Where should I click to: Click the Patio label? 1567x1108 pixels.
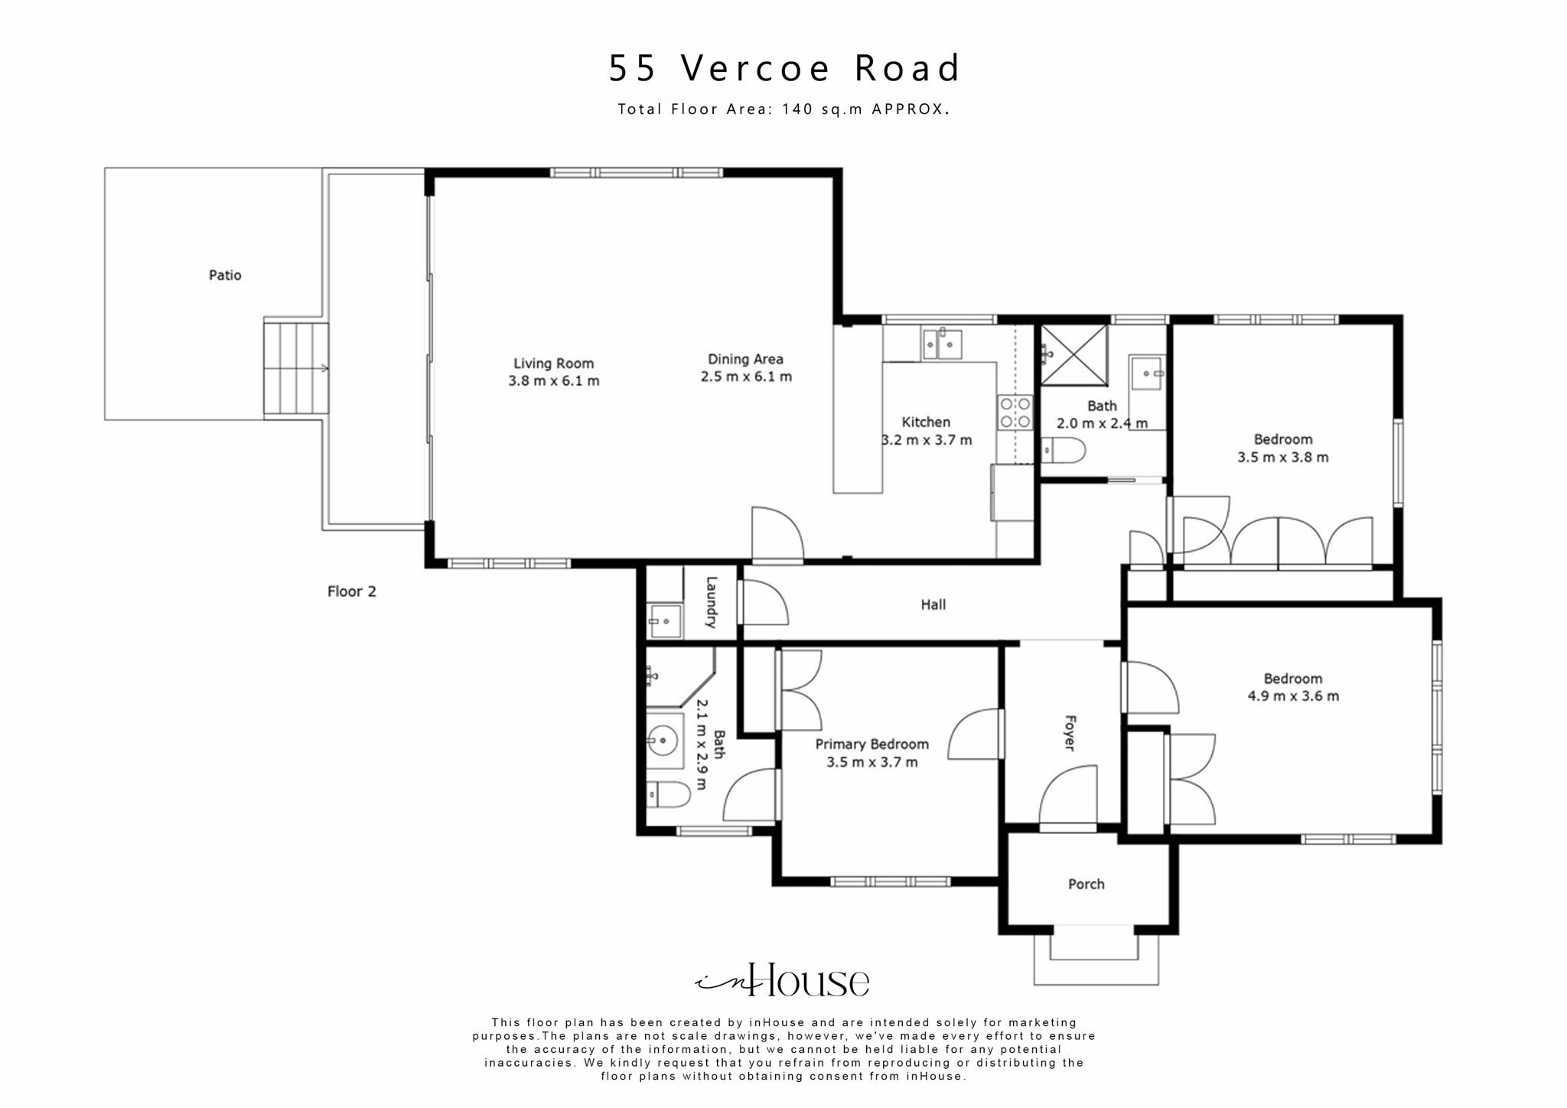pyautogui.click(x=225, y=275)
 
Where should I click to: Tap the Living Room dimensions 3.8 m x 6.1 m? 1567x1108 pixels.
pyautogui.click(x=554, y=381)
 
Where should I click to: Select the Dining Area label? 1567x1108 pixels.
pyautogui.click(x=745, y=359)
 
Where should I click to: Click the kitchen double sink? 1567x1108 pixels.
pyautogui.click(x=942, y=344)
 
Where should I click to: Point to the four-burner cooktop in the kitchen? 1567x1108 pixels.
pyautogui.click(x=1015, y=412)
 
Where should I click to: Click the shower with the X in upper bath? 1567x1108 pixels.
pyautogui.click(x=1073, y=354)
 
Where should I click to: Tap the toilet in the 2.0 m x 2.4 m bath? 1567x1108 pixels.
pyautogui.click(x=1064, y=451)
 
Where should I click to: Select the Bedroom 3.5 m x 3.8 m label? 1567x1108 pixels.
pyautogui.click(x=1283, y=439)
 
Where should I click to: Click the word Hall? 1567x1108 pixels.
pyautogui.click(x=933, y=605)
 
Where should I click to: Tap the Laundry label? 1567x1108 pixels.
pyautogui.click(x=711, y=602)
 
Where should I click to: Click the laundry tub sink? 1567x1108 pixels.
pyautogui.click(x=664, y=621)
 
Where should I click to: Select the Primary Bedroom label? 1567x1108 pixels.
pyautogui.click(x=871, y=744)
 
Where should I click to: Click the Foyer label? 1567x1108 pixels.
pyautogui.click(x=1070, y=733)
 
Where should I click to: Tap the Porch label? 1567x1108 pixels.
pyautogui.click(x=1086, y=884)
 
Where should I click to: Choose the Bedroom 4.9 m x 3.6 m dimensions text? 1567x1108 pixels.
pyautogui.click(x=1293, y=696)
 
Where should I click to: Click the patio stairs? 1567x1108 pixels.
pyautogui.click(x=295, y=369)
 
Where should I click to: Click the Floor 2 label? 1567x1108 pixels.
pyautogui.click(x=351, y=591)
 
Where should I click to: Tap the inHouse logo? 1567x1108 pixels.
pyautogui.click(x=783, y=981)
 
